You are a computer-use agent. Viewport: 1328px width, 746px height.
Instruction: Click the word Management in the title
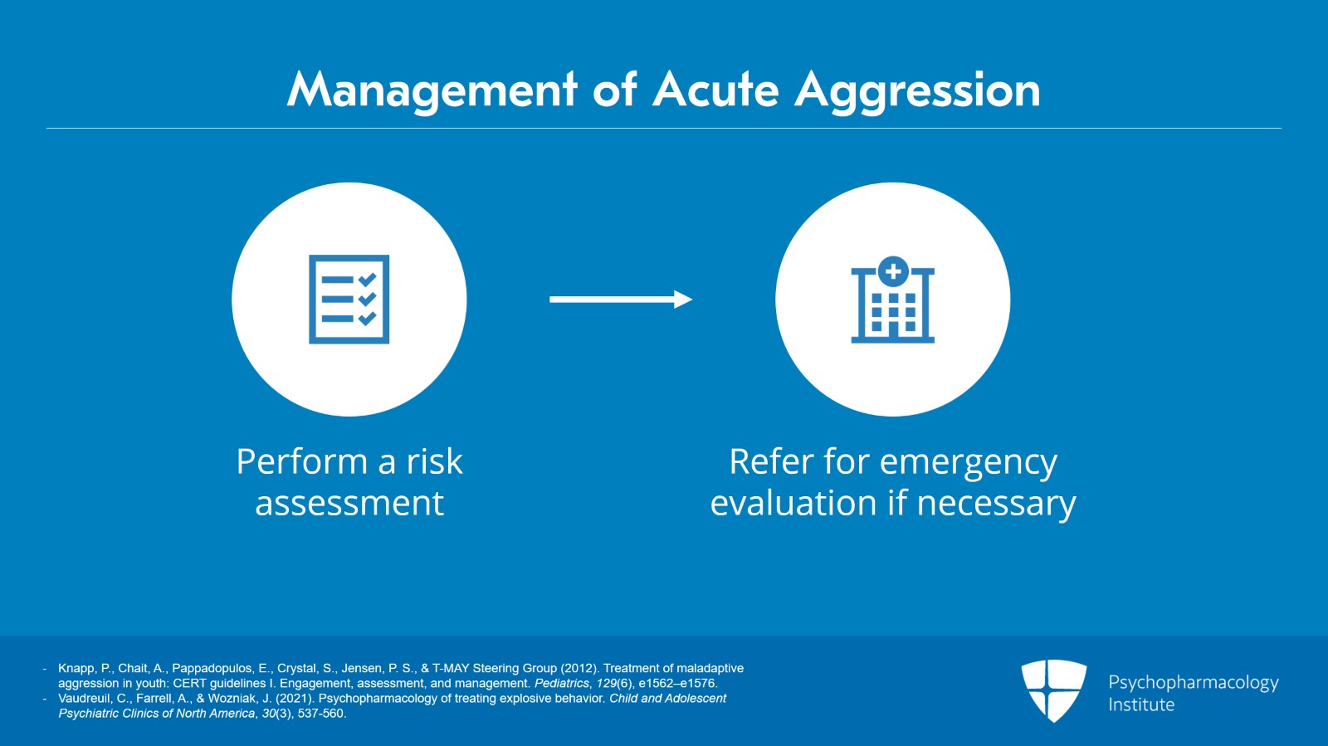[432, 90]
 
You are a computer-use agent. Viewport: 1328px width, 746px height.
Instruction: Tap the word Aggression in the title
[917, 90]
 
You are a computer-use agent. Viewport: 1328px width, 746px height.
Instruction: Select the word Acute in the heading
[715, 90]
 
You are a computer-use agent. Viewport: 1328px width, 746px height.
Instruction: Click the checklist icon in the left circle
[349, 300]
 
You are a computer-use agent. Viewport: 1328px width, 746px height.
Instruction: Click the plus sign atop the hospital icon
[893, 271]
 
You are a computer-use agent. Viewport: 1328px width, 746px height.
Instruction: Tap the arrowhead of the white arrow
[683, 300]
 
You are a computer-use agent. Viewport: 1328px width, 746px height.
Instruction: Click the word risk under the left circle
[434, 461]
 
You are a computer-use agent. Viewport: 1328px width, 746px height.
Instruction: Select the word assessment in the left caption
[349, 504]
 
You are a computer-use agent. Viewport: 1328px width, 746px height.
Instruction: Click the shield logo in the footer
[1053, 690]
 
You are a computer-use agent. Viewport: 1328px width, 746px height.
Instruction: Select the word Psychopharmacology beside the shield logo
[1193, 682]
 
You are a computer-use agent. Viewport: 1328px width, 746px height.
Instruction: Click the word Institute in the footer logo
[1141, 705]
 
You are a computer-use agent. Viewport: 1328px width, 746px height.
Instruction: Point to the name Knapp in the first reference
[76, 668]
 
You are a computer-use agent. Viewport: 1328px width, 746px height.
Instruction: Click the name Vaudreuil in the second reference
[84, 698]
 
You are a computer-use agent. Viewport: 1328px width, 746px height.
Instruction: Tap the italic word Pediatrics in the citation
[562, 683]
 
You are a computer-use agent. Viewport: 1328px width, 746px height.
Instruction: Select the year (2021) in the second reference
[295, 698]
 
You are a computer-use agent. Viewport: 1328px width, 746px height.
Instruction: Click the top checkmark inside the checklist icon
[368, 280]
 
